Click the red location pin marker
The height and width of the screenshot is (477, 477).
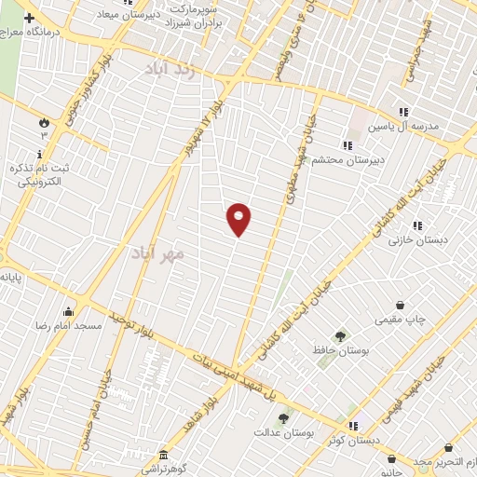pyautogui.click(x=238, y=219)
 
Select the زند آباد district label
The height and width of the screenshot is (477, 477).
pyautogui.click(x=172, y=69)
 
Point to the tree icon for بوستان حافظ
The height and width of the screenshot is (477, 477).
pyautogui.click(x=339, y=336)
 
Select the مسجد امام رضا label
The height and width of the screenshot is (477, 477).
pyautogui.click(x=67, y=326)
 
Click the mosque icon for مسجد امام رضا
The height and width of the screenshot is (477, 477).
pyautogui.click(x=68, y=312)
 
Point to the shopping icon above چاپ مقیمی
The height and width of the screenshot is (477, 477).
pyautogui.click(x=401, y=305)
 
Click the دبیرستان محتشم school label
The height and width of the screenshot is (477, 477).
pyautogui.click(x=318, y=159)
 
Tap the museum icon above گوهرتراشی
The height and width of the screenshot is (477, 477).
pyautogui.click(x=164, y=455)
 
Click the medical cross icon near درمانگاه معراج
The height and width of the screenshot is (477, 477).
pyautogui.click(x=29, y=18)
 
